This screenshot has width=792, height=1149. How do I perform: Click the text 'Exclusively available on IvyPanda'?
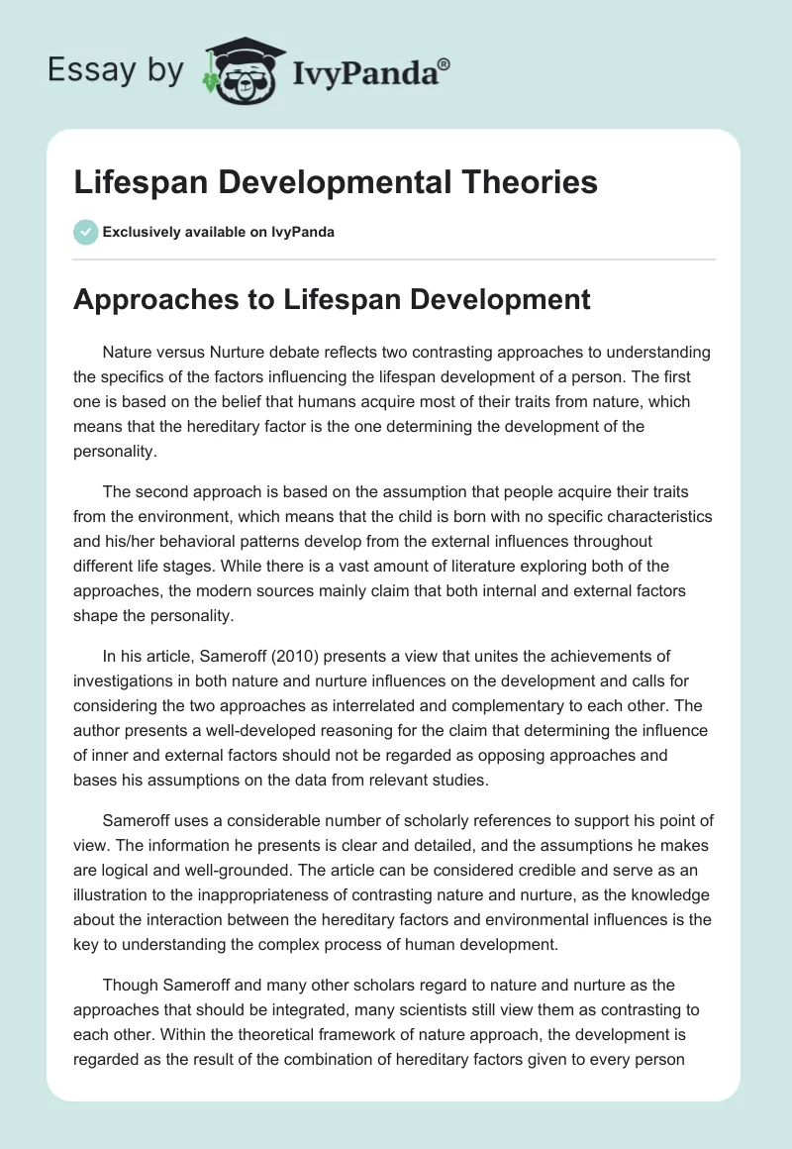[x=219, y=233]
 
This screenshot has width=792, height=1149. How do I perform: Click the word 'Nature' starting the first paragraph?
[x=126, y=353]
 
